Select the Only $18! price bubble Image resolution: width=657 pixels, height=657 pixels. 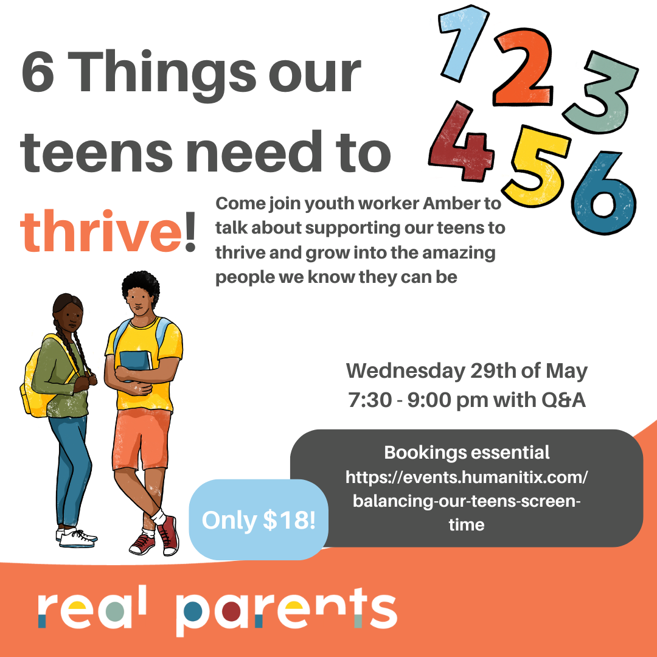click(259, 520)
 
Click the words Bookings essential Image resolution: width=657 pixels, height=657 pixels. click(467, 453)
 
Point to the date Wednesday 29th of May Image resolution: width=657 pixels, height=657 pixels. click(467, 371)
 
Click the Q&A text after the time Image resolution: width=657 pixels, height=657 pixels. click(563, 400)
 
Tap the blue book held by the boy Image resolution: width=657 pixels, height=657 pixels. click(135, 361)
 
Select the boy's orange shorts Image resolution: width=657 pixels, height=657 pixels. click(141, 439)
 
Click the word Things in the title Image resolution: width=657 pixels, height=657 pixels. click(164, 72)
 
